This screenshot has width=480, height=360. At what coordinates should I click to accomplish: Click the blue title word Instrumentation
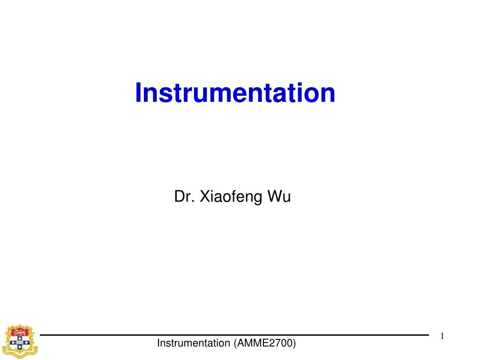(x=235, y=93)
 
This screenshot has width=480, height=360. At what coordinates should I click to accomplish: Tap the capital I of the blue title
(x=138, y=93)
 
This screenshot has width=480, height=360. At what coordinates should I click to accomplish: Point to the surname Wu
(x=279, y=197)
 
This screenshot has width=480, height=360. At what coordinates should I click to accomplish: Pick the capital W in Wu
(x=274, y=197)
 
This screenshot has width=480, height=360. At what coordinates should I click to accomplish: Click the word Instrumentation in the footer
(x=194, y=344)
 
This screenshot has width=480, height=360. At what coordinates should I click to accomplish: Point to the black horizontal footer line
(x=234, y=335)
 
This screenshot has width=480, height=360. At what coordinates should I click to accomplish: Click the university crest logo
(x=20, y=342)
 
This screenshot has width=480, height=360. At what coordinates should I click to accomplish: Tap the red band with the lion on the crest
(x=20, y=332)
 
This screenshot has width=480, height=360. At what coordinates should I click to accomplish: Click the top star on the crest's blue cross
(x=20, y=338)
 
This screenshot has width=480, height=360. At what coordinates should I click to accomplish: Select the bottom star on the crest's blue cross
(x=20, y=347)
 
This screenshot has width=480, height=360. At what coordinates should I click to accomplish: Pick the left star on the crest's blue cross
(x=13, y=343)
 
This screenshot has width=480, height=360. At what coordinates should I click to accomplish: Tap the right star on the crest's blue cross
(x=26, y=343)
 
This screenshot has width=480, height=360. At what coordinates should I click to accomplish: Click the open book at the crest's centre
(x=20, y=343)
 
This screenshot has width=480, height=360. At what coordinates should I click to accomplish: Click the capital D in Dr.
(x=179, y=197)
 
